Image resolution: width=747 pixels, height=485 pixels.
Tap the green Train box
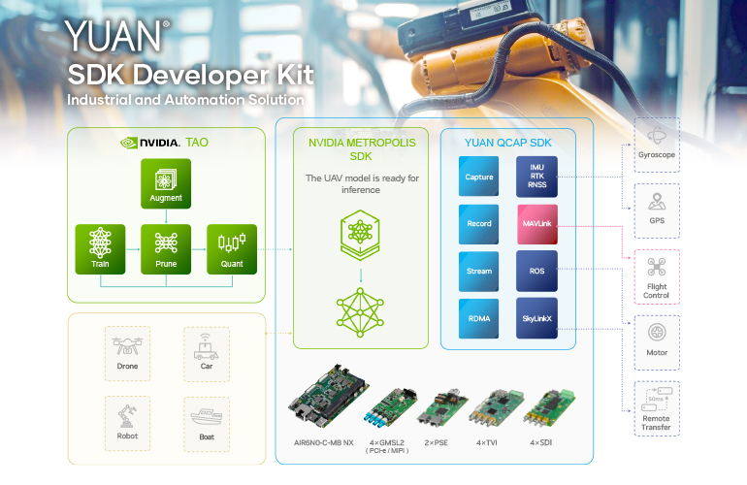[x=100, y=248]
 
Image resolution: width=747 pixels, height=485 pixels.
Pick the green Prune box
[x=166, y=248]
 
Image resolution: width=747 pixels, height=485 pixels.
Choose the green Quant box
[x=231, y=248]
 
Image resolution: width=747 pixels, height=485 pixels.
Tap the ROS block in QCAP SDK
[x=537, y=271]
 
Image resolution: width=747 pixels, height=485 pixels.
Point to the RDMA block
[x=479, y=317]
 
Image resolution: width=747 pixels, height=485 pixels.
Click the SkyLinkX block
[x=537, y=317]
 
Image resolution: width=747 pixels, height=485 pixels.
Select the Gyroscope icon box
[x=657, y=145]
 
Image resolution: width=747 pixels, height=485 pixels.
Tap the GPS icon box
[x=657, y=210]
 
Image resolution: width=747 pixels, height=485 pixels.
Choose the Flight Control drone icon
[x=657, y=269]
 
